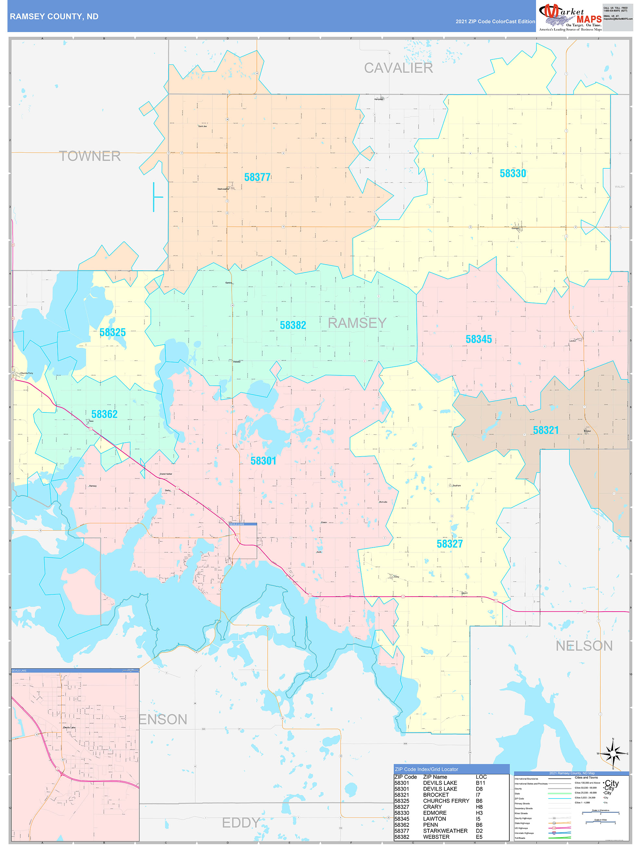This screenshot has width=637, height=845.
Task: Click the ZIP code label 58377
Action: click(x=257, y=177)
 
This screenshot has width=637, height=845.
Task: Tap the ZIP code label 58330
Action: click(x=513, y=174)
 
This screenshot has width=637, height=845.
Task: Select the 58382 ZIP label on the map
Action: click(x=293, y=325)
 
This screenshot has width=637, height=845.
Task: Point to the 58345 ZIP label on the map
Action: click(x=478, y=339)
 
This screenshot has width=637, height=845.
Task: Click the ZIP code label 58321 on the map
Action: click(x=546, y=430)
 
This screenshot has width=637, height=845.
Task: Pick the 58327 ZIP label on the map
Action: click(x=450, y=544)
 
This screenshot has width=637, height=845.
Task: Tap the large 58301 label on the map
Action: click(x=263, y=461)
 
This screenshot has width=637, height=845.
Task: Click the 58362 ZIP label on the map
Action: click(x=104, y=414)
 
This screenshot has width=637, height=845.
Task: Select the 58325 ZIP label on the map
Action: click(x=113, y=332)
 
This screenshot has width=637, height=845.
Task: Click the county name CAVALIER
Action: click(x=398, y=68)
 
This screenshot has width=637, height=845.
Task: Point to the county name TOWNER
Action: click(x=90, y=156)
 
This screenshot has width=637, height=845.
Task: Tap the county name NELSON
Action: click(x=584, y=646)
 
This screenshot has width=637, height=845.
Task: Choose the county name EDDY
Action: click(x=241, y=823)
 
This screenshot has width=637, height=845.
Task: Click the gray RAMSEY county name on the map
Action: click(x=357, y=323)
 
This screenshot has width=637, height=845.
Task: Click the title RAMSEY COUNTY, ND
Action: click(x=54, y=17)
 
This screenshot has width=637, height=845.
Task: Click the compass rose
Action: click(x=613, y=754)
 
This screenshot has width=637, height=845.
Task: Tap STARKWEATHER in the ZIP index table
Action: click(x=445, y=831)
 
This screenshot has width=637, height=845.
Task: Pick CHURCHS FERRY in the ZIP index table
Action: click(x=446, y=801)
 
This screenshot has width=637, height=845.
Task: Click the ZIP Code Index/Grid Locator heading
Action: click(x=426, y=769)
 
